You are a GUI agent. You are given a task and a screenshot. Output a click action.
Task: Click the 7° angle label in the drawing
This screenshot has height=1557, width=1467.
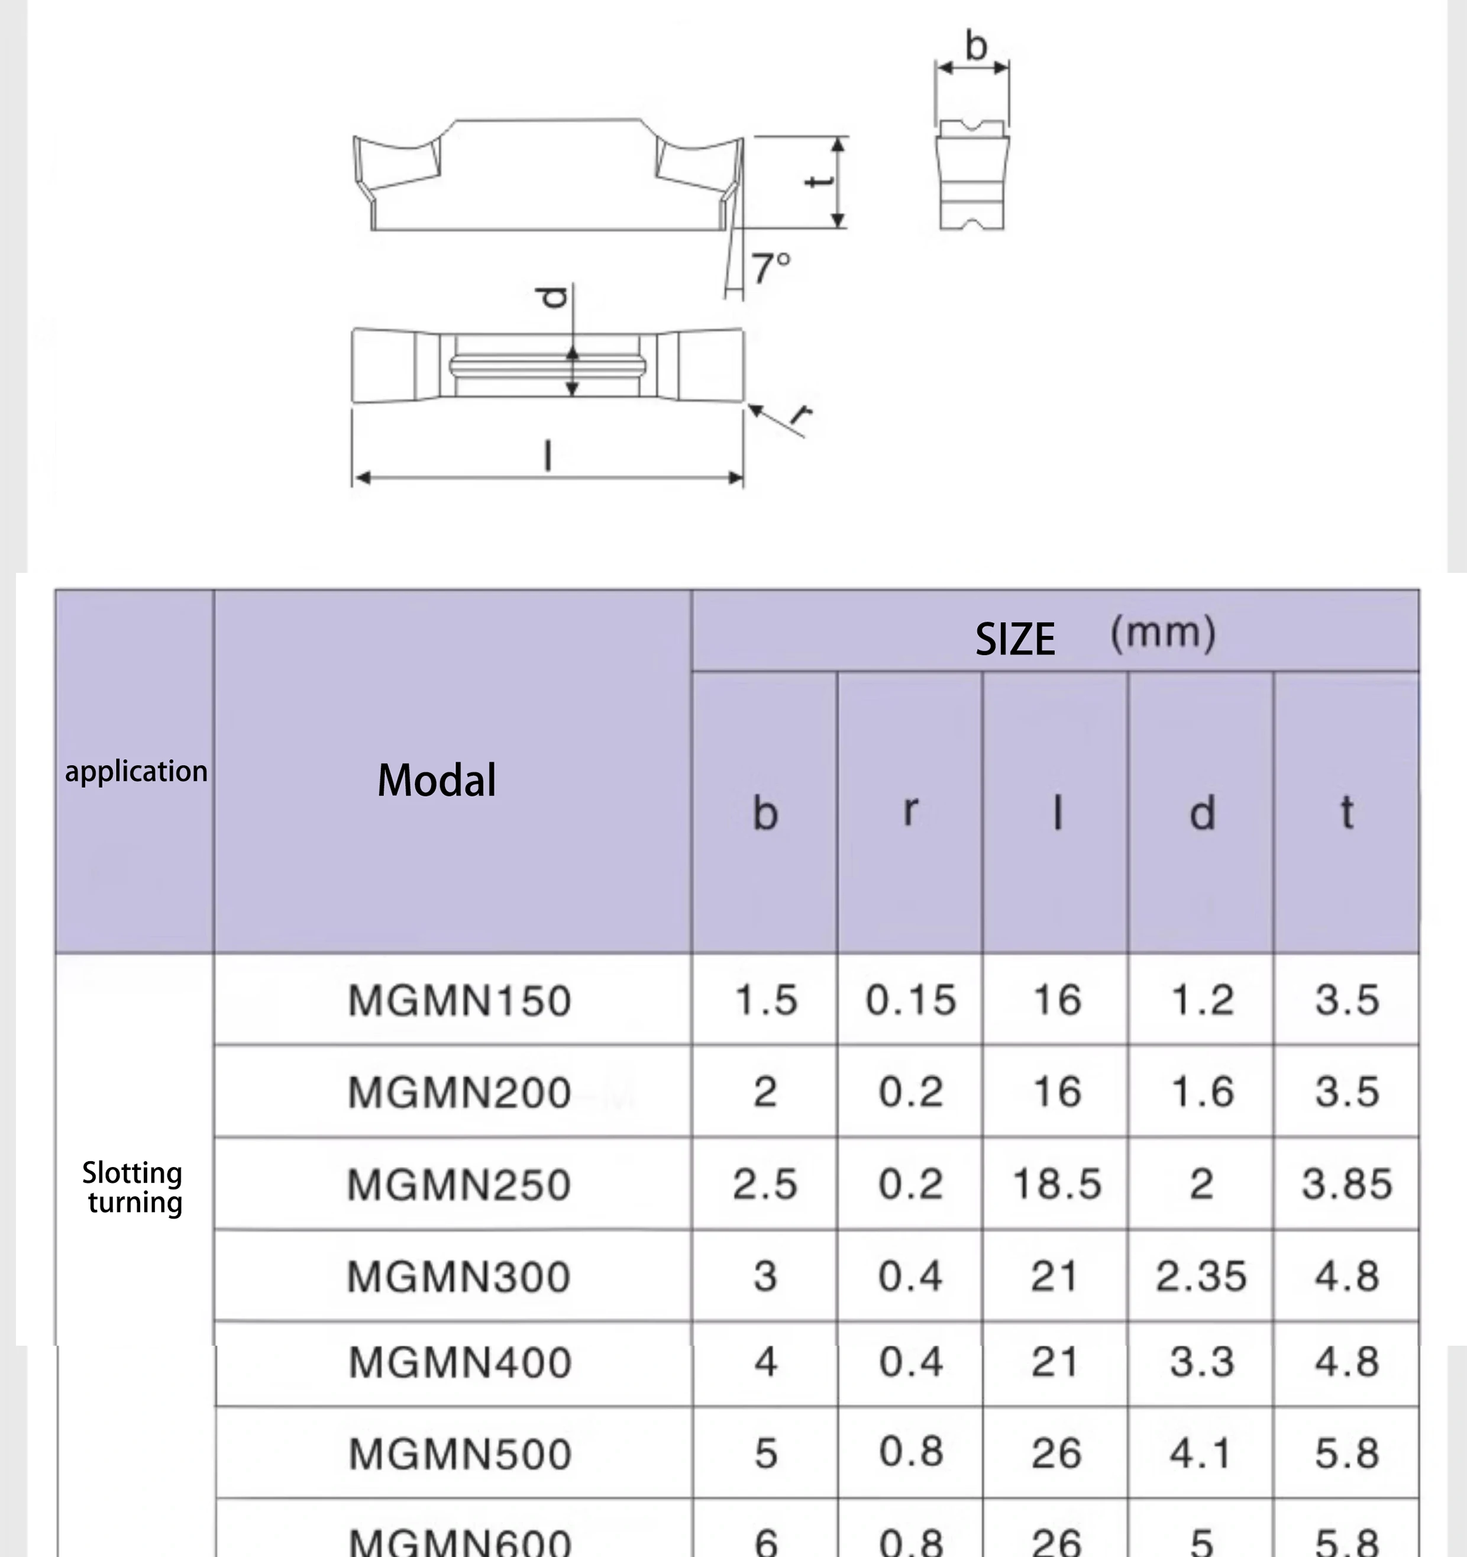click(x=771, y=269)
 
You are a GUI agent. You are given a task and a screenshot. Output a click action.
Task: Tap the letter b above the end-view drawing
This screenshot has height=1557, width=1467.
click(x=975, y=46)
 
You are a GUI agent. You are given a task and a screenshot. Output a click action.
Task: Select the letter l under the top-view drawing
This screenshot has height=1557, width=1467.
click(x=548, y=456)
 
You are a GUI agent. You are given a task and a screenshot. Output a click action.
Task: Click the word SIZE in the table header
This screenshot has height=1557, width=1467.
click(x=1014, y=639)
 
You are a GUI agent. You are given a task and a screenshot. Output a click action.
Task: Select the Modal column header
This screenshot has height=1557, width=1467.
click(x=436, y=780)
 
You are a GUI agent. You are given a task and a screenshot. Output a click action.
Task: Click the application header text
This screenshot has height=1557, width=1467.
click(x=136, y=772)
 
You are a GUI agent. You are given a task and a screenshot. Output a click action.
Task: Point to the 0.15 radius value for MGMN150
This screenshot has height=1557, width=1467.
click(x=910, y=1000)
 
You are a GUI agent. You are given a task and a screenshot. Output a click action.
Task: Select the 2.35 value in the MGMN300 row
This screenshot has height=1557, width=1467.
click(x=1200, y=1276)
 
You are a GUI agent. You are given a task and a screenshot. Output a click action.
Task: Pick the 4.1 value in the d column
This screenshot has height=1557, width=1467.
click(x=1200, y=1453)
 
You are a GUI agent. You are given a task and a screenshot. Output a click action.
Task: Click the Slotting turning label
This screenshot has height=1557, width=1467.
click(x=133, y=1187)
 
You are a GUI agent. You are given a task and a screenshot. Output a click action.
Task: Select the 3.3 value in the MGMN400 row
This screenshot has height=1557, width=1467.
click(x=1201, y=1362)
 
